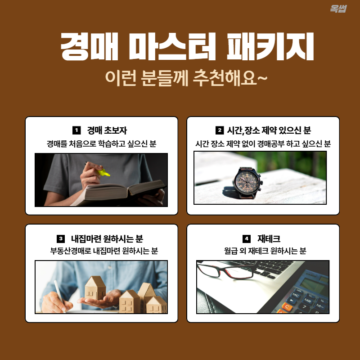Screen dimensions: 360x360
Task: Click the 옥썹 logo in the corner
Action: point(338,9)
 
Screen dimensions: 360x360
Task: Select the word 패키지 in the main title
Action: point(270,47)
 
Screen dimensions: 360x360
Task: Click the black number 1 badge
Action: point(76,130)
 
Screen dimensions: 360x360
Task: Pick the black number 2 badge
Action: point(220,130)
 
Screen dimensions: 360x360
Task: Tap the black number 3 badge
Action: point(61,238)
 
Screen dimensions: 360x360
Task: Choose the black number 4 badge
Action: point(246,238)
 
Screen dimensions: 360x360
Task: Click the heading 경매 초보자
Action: point(107,130)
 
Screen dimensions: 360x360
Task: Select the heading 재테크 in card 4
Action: point(269,239)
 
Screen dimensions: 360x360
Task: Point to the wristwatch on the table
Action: point(247,183)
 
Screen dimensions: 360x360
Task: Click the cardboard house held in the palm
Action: point(95,288)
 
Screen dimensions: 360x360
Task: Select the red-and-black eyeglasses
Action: point(227,270)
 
